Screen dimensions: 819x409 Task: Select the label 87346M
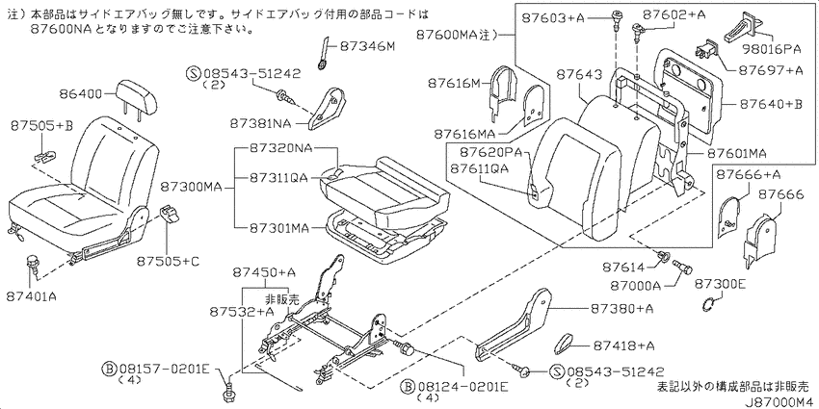click(368, 47)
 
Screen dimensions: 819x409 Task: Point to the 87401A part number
click(32, 296)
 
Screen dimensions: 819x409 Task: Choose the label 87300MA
click(192, 185)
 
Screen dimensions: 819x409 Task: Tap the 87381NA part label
click(260, 124)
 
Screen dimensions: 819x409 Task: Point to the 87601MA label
click(736, 154)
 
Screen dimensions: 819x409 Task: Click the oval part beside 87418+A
click(563, 345)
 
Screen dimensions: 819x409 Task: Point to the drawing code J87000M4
click(779, 402)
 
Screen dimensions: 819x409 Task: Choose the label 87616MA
click(463, 135)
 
